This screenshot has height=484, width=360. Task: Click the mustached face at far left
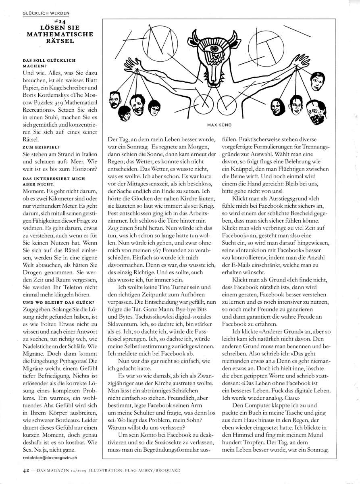tap(115, 99)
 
